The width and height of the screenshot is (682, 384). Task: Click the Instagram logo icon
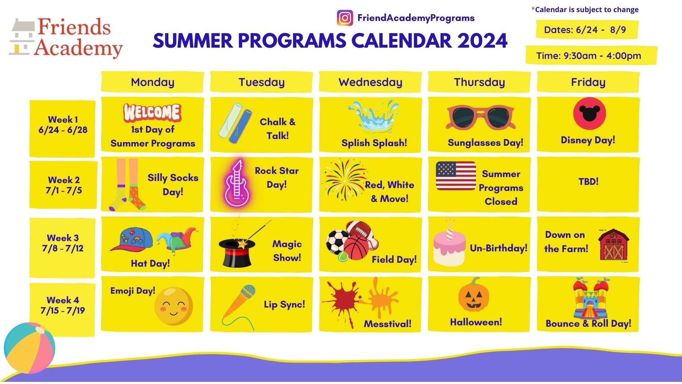pos(345,18)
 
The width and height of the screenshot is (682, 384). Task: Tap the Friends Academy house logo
pos(22,37)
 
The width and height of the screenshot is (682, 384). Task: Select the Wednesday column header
pos(370,82)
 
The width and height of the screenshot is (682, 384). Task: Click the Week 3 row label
pos(63,243)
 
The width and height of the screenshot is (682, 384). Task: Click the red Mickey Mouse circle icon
pos(589,113)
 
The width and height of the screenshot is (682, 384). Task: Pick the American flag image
pos(456,176)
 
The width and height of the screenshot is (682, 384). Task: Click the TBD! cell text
pos(588,181)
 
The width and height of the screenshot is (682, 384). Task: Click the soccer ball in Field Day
pos(337,242)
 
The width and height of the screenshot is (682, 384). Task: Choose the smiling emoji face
pos(174,306)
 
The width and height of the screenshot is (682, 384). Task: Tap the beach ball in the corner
pos(29,348)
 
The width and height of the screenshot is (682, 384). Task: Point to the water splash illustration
pos(373,116)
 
